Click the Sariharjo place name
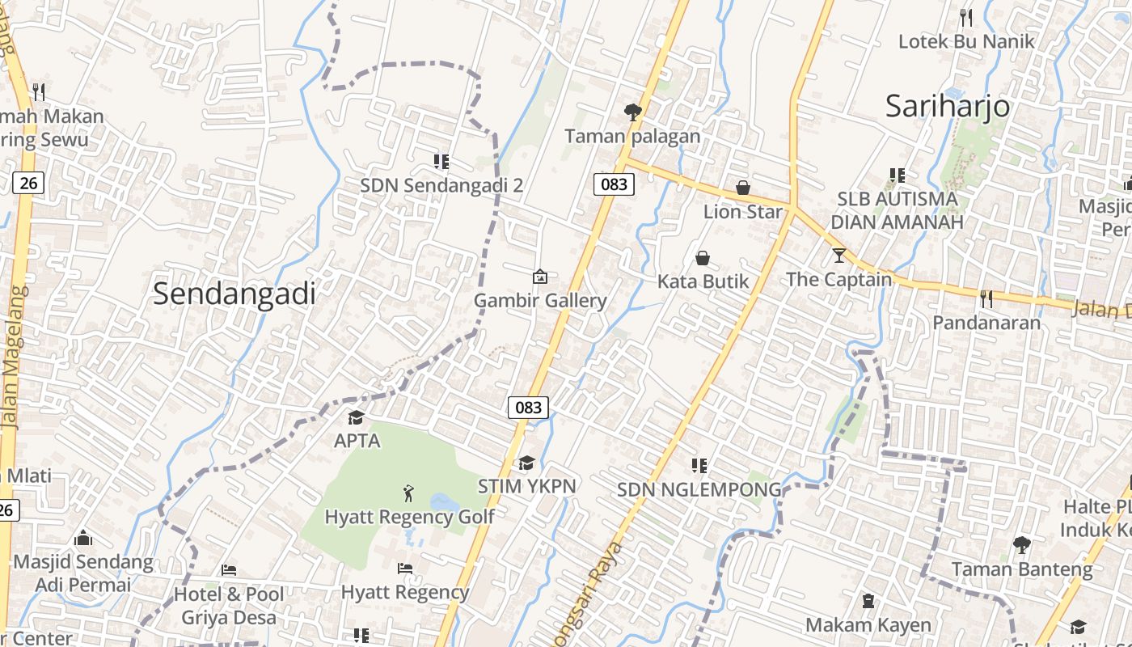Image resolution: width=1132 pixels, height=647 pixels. coord(947,106)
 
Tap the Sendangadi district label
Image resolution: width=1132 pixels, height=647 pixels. coord(234,294)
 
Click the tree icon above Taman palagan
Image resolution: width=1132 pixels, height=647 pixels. coord(633,112)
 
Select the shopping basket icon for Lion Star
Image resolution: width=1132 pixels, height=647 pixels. coord(743,188)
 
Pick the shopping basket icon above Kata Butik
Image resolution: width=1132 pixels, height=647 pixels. coord(703,258)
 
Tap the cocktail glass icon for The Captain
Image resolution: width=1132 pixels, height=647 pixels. coord(839,256)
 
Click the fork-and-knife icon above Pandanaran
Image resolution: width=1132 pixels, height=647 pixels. coord(986,299)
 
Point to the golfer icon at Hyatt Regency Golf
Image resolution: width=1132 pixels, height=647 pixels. coord(408,492)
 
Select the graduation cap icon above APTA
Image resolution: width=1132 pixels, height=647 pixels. coord(356,417)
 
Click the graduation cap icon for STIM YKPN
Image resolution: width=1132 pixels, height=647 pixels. coord(526,463)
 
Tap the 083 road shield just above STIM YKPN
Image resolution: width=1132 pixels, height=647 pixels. coord(528,408)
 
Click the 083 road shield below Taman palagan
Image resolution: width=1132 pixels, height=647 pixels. coord(614,184)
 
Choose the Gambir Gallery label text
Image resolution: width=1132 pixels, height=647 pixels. coord(539,301)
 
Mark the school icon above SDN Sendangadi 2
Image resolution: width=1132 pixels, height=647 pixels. coord(441,162)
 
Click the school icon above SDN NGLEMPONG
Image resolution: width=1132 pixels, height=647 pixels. coord(699,466)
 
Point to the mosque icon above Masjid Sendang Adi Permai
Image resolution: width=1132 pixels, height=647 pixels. coord(82,538)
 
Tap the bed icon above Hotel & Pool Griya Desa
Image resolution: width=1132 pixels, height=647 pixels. coord(229,570)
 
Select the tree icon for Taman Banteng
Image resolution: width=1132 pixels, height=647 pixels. coord(1021,545)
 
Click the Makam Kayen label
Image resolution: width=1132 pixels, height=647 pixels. coord(868,625)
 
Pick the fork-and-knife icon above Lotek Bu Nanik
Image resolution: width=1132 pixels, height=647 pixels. coord(965,17)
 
